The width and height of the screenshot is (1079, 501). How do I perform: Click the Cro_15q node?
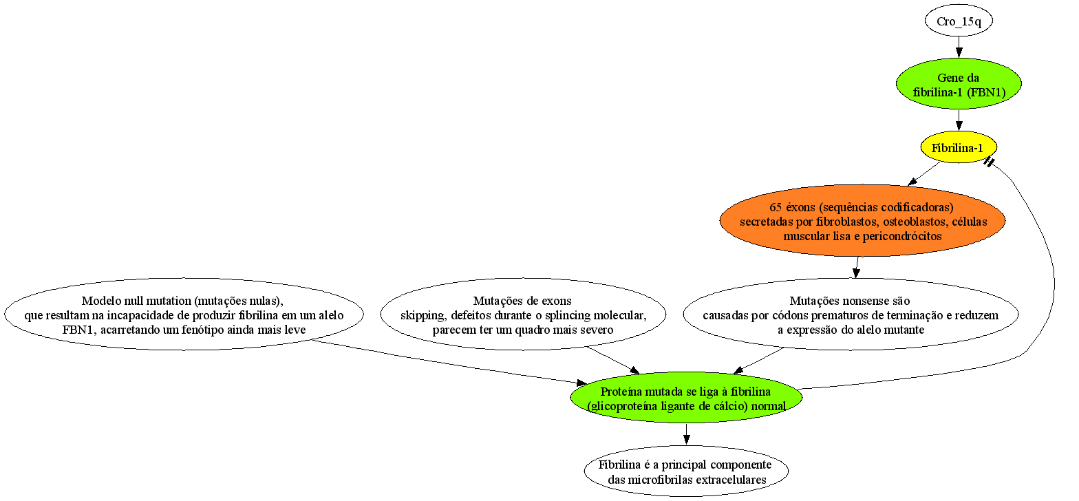coord(959,21)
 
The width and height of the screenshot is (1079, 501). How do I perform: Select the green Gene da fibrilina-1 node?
coord(959,84)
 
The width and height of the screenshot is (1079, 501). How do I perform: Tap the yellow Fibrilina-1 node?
coord(959,147)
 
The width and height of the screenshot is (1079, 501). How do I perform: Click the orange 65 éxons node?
coord(862,221)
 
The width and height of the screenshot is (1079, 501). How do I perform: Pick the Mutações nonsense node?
coord(851,314)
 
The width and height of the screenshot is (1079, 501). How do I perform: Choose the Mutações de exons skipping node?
coord(523,314)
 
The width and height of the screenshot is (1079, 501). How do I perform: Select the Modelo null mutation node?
coord(184,314)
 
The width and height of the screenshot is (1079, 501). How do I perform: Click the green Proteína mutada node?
coord(687,398)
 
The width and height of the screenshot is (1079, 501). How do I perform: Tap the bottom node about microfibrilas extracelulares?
coord(687,471)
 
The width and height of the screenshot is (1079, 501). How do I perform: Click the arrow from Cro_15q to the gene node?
coord(959,47)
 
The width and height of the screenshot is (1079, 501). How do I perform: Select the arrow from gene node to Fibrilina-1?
coord(959,120)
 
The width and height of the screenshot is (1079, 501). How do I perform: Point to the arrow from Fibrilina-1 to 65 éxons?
coord(923,174)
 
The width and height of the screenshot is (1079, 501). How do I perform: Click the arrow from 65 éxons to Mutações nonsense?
coord(857,267)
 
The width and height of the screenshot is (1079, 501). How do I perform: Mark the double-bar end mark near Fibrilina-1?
coord(988,162)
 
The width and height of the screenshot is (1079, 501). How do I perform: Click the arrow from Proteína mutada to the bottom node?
coord(687,434)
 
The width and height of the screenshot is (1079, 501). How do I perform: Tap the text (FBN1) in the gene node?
coord(986,92)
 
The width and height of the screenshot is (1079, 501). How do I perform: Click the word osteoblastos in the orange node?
coord(916,222)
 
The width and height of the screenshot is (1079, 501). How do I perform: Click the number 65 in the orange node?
coord(776,207)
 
